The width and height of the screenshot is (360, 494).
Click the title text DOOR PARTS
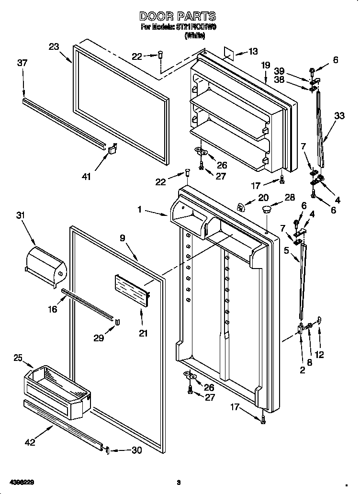click(178, 17)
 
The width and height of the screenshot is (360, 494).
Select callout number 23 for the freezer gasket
click(54, 46)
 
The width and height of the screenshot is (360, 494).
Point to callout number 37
click(22, 63)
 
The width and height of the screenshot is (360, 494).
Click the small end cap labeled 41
click(113, 150)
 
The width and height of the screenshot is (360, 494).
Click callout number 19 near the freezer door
click(266, 65)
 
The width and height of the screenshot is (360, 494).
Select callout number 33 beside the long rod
click(339, 115)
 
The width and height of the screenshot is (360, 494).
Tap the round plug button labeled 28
click(266, 209)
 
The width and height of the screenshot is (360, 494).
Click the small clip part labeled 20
click(241, 206)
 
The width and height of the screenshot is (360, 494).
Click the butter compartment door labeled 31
click(45, 264)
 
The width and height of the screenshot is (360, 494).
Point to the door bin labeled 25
click(56, 383)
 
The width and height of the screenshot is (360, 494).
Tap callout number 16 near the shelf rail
click(53, 309)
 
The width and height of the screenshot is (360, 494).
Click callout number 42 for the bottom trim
click(30, 443)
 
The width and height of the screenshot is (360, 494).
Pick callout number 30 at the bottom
click(137, 450)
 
